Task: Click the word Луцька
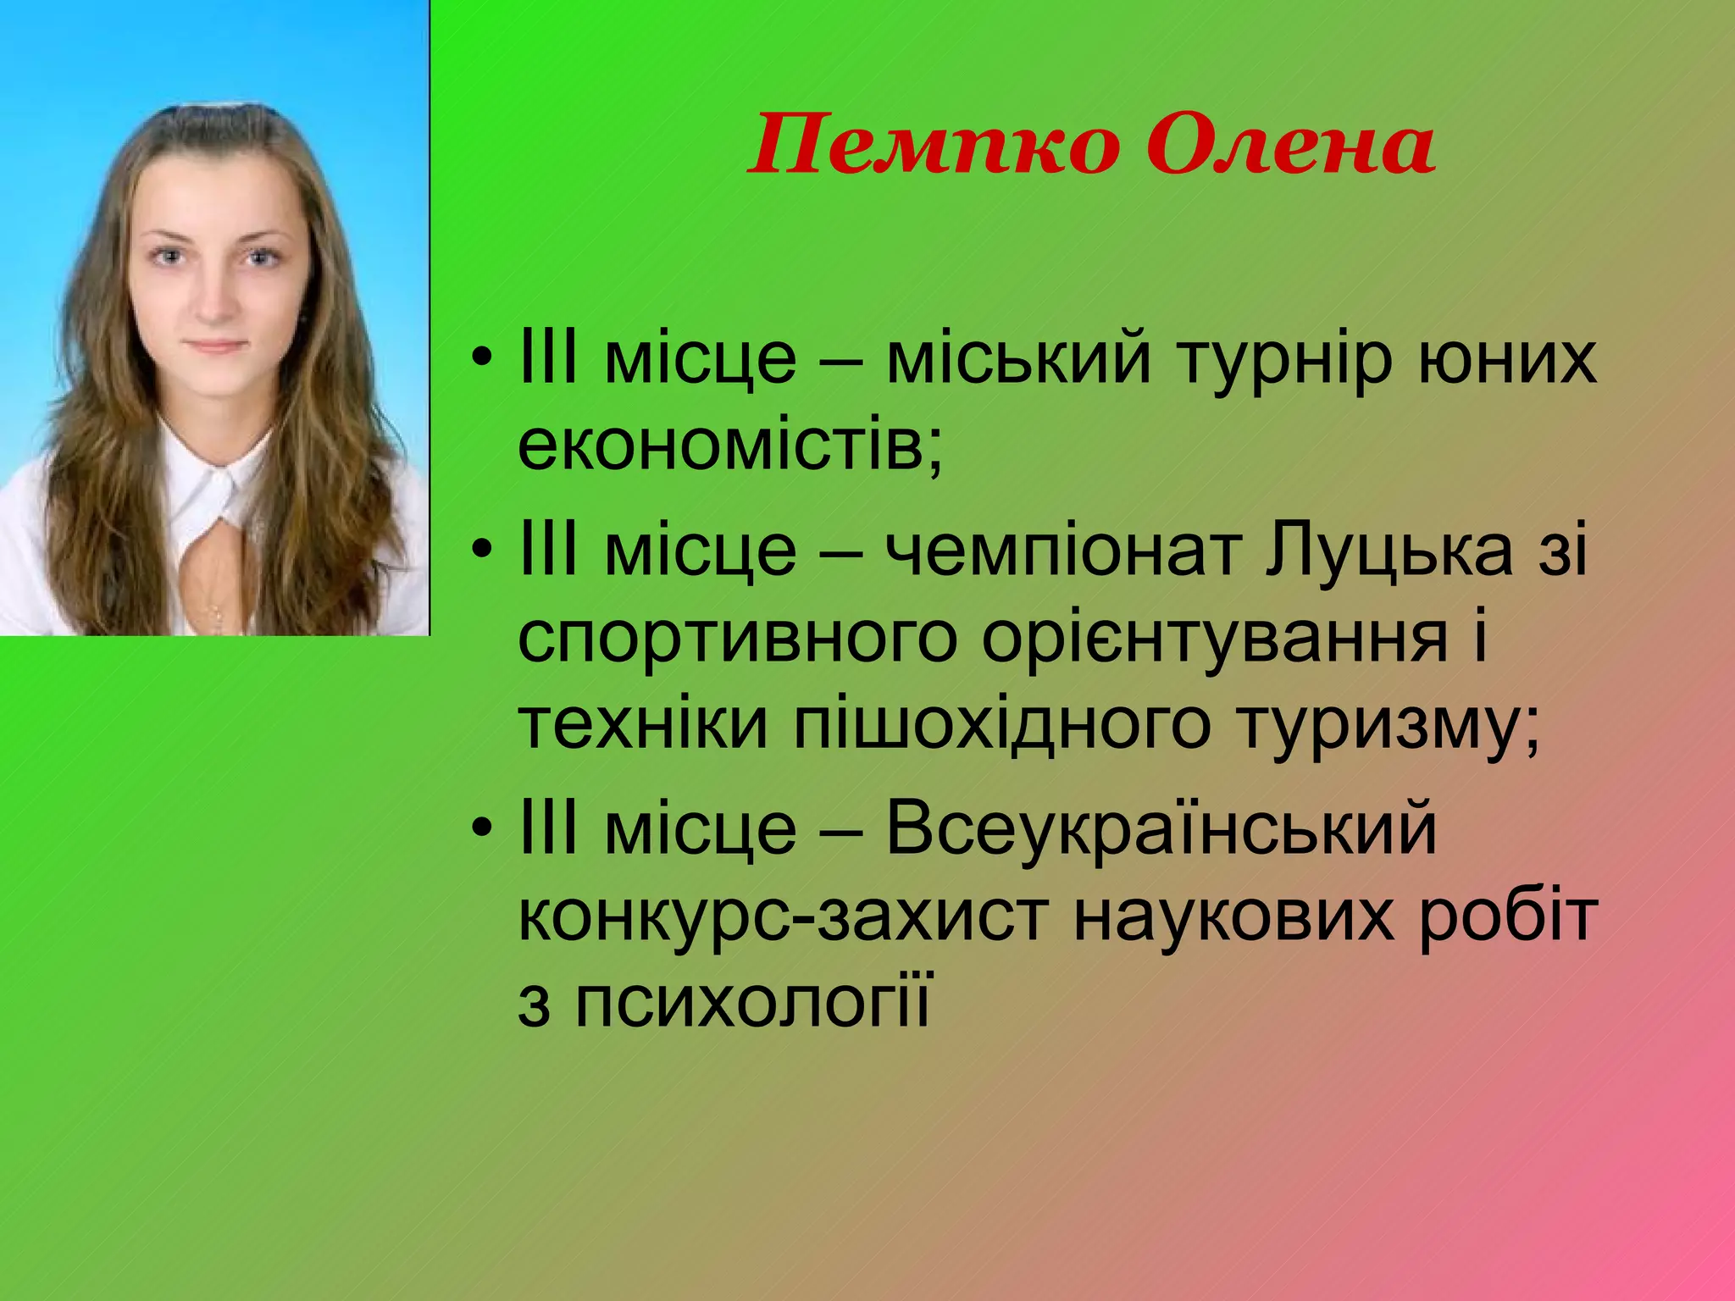(x=1389, y=551)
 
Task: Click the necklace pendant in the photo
(x=215, y=610)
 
